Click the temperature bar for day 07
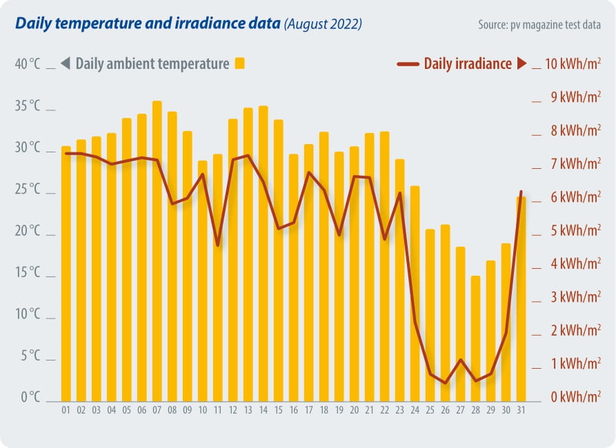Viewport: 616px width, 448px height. (157, 252)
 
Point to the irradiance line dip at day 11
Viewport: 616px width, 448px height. (217, 245)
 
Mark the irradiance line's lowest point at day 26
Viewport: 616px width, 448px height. (445, 383)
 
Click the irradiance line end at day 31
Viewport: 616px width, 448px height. (521, 192)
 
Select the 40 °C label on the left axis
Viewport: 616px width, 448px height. (28, 64)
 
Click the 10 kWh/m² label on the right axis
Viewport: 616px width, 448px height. (572, 64)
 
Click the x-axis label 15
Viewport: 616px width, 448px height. (278, 410)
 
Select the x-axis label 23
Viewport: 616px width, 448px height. (399, 410)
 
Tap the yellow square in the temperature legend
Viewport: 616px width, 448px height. (240, 63)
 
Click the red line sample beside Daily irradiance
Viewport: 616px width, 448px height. (408, 64)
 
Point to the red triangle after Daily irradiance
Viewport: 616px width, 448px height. (521, 64)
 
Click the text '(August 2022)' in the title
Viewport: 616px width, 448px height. (323, 24)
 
